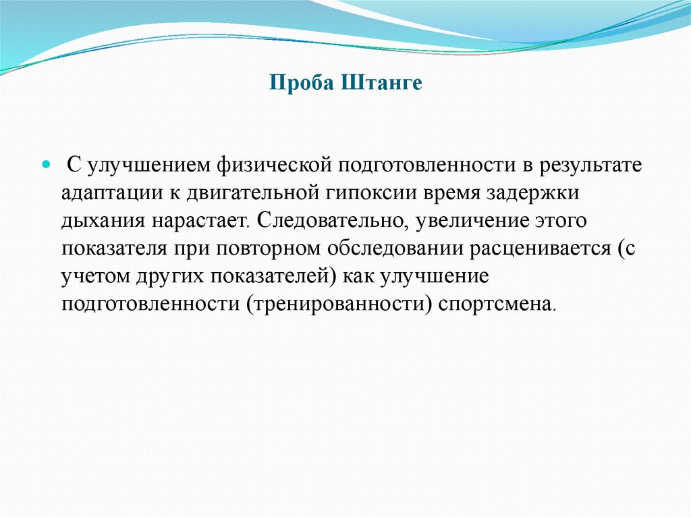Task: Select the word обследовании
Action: pos(395,249)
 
